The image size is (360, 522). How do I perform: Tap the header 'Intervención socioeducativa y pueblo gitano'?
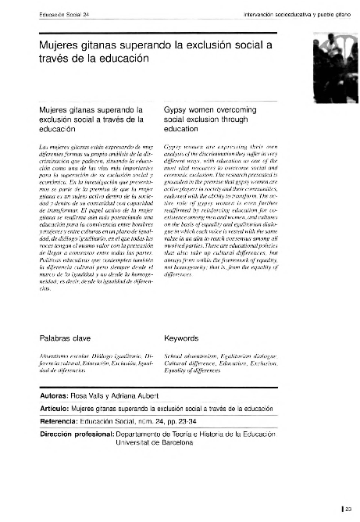tap(266, 13)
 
